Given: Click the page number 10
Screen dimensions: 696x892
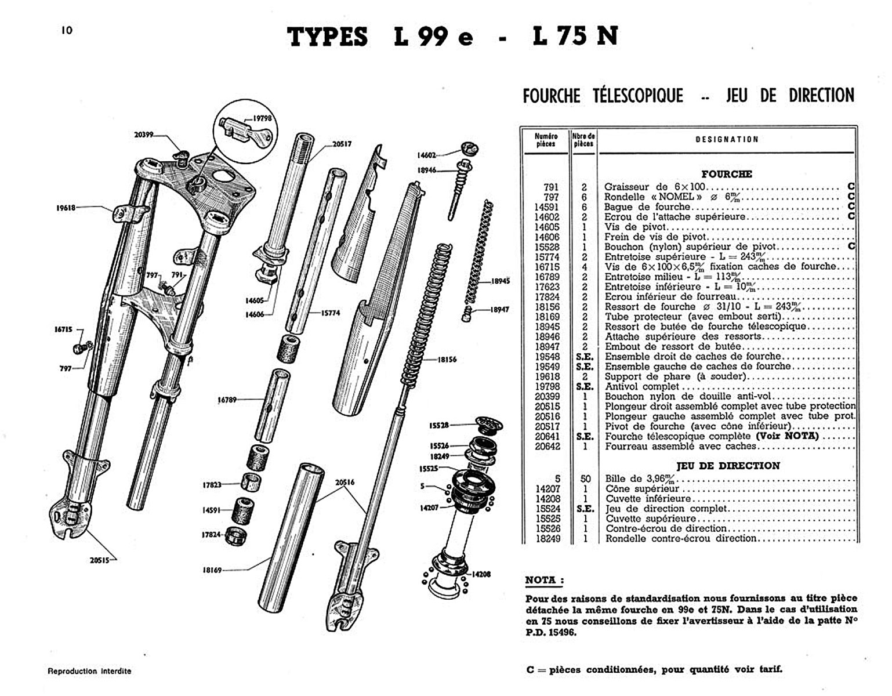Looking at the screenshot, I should tap(67, 30).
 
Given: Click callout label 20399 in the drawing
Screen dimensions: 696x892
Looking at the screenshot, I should tap(143, 135).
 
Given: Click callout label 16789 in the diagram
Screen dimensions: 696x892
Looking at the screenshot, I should tap(227, 400).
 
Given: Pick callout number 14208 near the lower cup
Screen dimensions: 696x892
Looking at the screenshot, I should tap(481, 574).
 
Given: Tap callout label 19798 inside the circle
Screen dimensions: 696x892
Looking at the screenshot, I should tap(262, 118).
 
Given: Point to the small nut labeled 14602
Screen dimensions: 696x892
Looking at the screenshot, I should tap(470, 148).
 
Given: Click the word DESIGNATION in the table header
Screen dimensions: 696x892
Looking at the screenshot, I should tap(726, 140).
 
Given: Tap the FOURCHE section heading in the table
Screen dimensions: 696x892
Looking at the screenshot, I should tap(726, 174).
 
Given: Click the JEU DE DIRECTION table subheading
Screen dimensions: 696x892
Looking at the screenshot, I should tap(728, 466).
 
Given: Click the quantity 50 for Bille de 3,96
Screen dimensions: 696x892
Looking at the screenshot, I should tap(585, 479).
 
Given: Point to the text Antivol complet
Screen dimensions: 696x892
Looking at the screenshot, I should tap(641, 386).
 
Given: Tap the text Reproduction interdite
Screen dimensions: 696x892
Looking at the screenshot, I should tap(89, 671).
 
